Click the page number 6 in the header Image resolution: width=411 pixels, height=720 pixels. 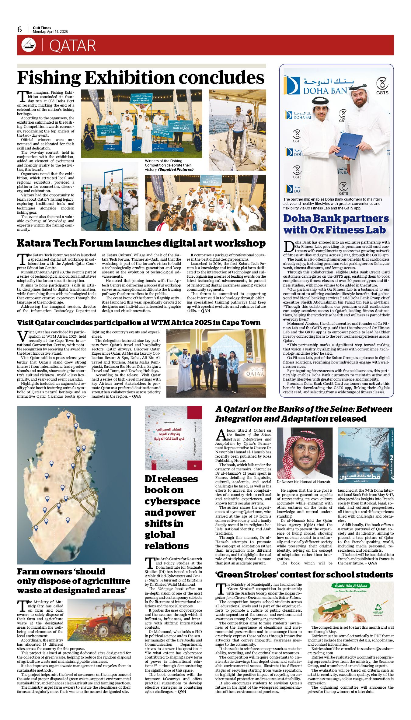20,30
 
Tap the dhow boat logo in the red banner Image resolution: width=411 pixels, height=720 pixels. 29,45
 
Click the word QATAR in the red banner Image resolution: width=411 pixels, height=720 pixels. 72,46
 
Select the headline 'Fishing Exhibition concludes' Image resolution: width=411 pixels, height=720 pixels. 141,78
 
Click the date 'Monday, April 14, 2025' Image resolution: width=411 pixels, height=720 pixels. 50,32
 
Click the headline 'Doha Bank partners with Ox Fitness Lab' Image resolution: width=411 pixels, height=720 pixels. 336,224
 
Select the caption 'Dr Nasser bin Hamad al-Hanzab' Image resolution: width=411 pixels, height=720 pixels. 303,482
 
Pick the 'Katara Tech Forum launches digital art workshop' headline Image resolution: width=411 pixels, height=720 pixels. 141,243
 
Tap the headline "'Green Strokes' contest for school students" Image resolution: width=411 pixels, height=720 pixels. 304,574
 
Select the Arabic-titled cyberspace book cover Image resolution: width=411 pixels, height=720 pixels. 173,438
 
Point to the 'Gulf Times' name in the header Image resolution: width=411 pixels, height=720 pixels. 42,28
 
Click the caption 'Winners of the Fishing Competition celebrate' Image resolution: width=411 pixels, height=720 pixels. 169,165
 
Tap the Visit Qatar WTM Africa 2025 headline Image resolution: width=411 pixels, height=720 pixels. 139,323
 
